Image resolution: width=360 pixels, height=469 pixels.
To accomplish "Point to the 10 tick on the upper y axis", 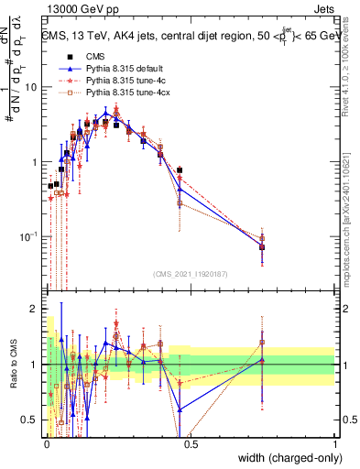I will point(30,87).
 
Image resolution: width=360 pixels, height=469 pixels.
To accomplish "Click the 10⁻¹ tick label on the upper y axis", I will point(28,237).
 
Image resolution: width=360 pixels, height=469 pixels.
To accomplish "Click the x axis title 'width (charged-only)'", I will point(285,458).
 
